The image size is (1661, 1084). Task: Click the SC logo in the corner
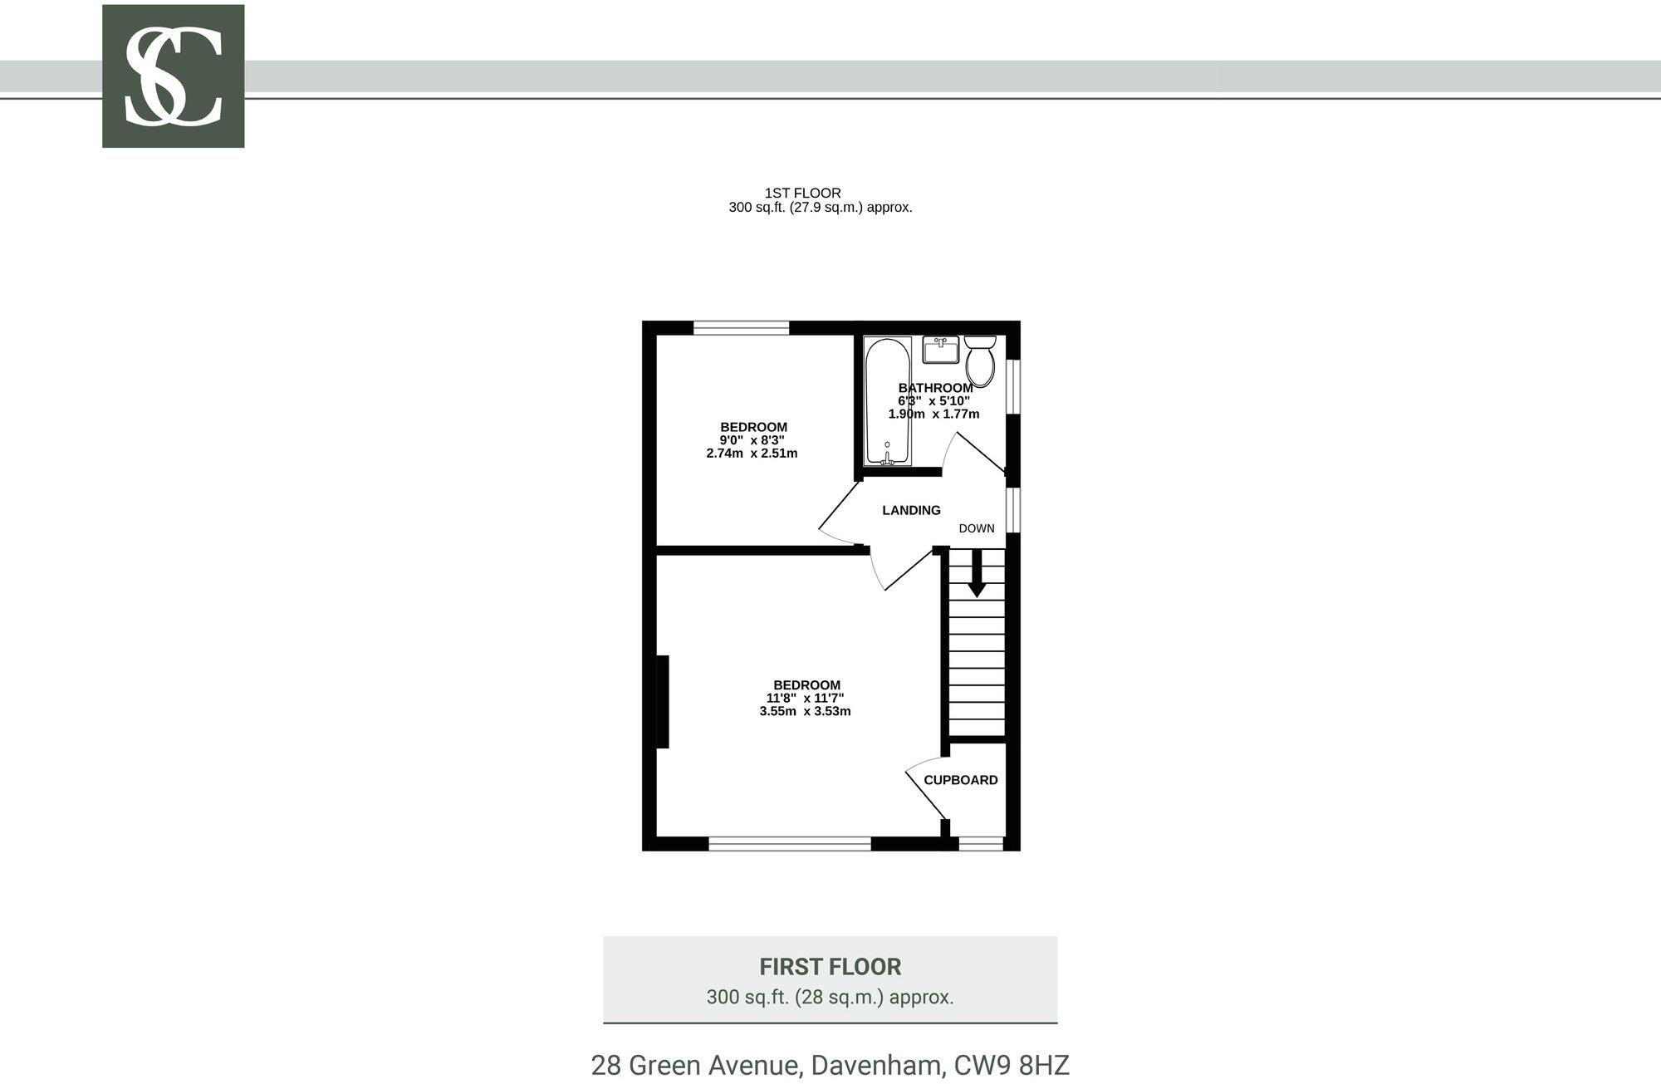(173, 76)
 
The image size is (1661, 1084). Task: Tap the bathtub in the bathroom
(888, 401)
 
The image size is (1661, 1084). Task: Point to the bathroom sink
(940, 349)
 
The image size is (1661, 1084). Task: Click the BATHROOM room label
(935, 388)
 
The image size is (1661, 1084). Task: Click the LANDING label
(911, 510)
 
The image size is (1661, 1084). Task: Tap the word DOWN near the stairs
(977, 528)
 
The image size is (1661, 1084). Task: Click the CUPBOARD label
(961, 780)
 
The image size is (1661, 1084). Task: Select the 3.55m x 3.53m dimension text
(805, 711)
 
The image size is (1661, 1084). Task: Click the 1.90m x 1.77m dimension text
(933, 414)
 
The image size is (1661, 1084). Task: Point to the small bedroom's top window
(741, 328)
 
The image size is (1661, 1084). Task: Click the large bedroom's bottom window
(789, 844)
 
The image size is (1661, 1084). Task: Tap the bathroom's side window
(1013, 385)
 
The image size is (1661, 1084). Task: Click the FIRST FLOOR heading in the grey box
(830, 967)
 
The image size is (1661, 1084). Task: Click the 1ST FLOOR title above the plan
(802, 193)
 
